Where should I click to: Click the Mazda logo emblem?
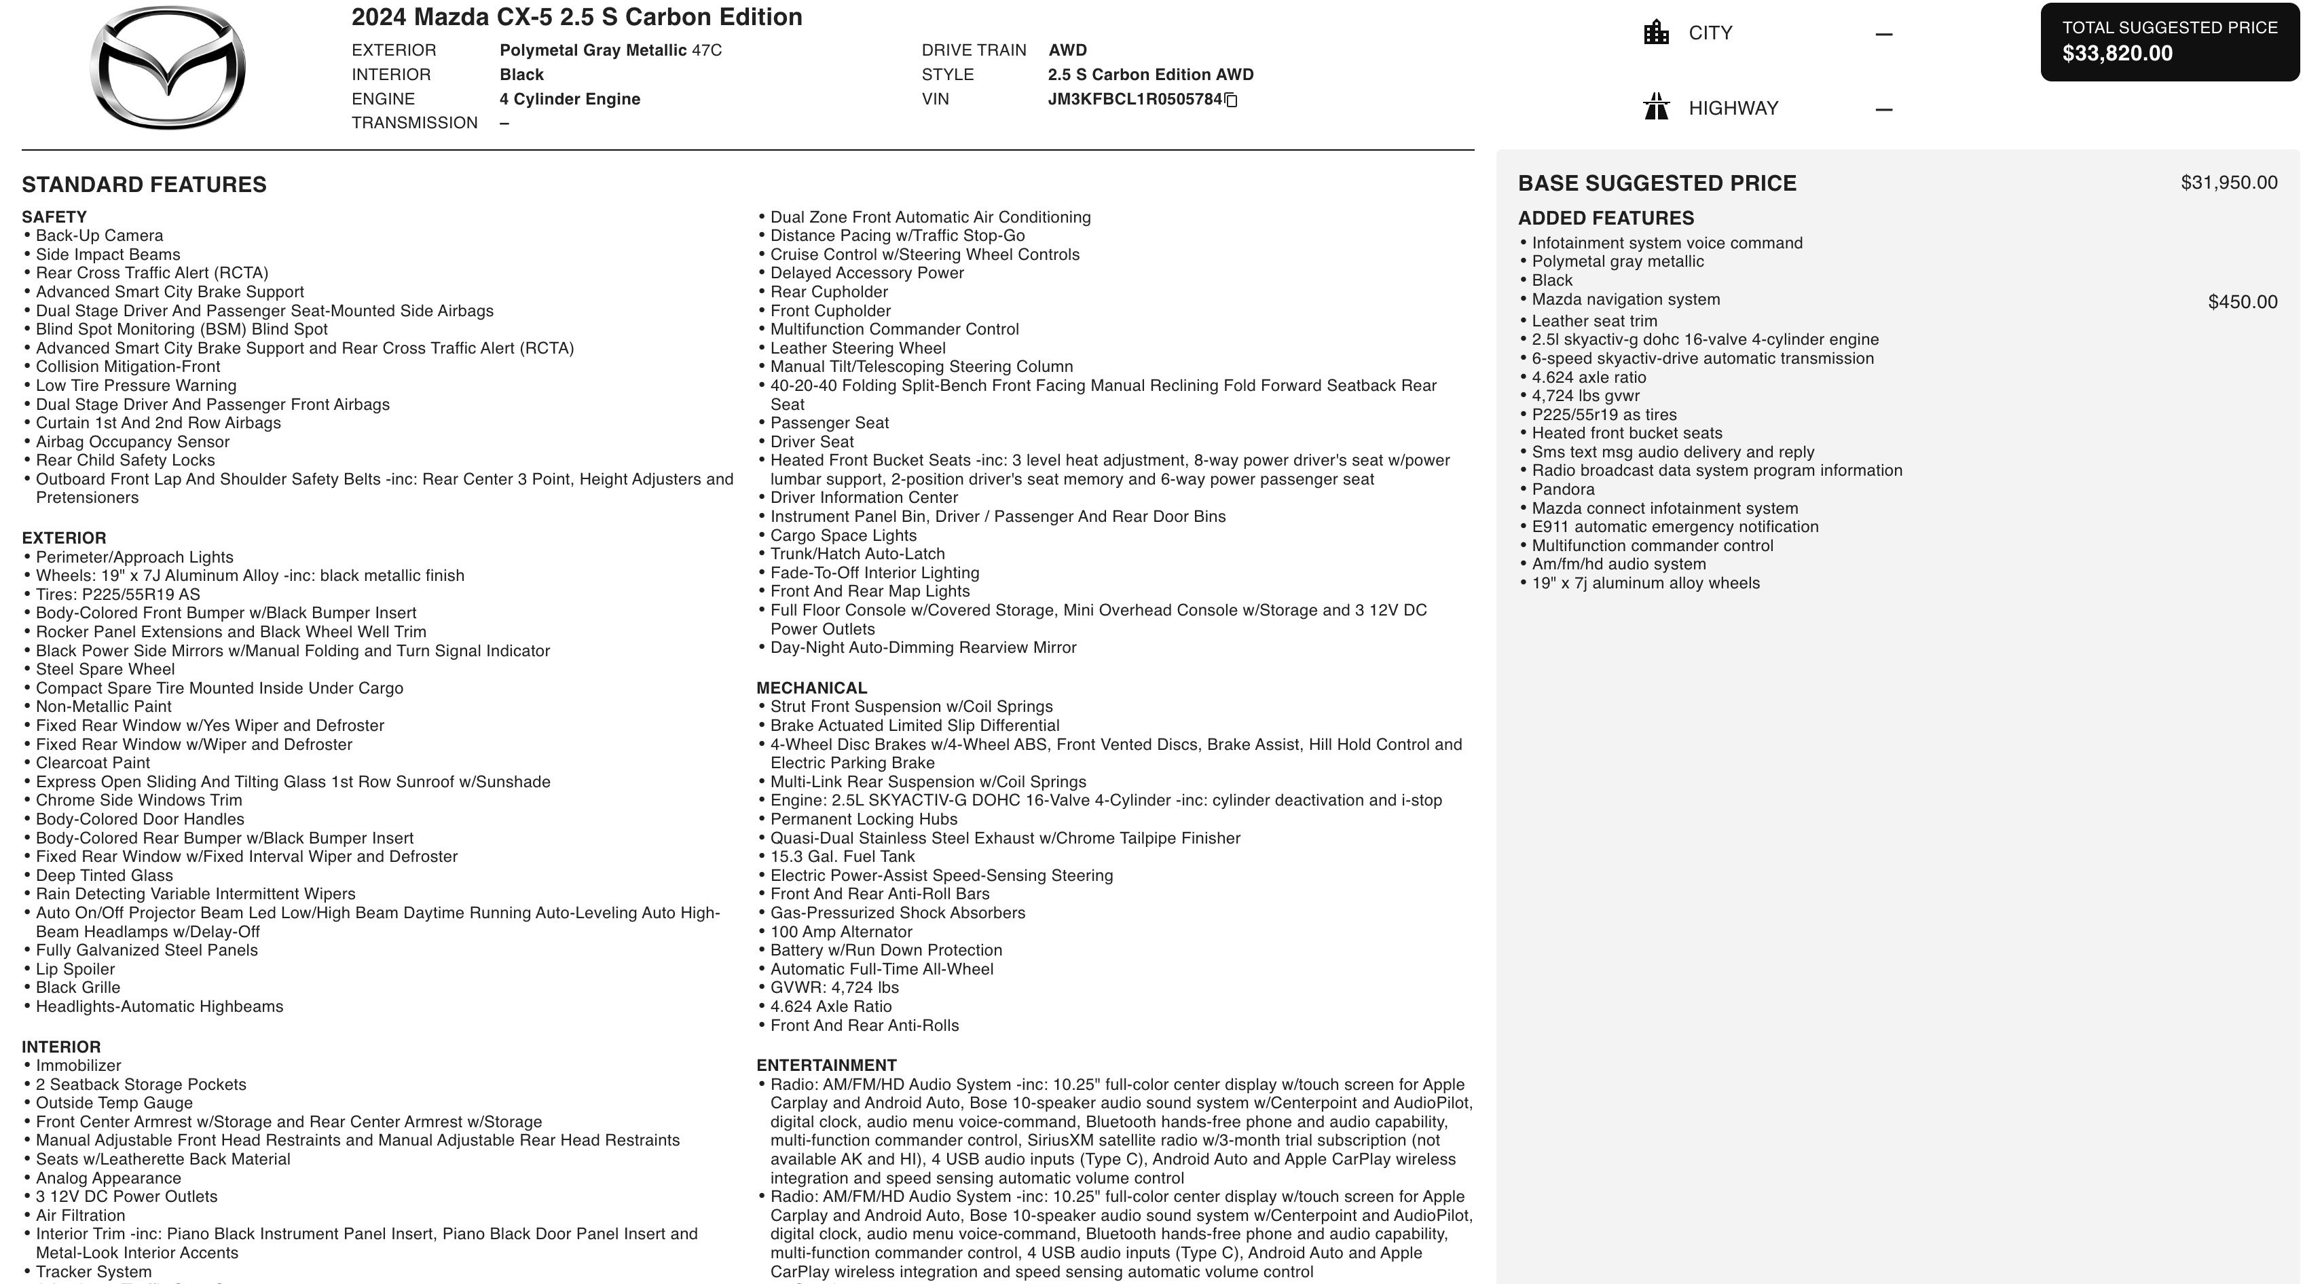point(168,68)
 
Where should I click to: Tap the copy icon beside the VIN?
point(1232,100)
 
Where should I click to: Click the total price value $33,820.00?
point(2118,53)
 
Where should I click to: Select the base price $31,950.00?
point(2228,183)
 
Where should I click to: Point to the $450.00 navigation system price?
point(2242,302)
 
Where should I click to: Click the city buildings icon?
point(1656,33)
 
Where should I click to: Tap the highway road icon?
point(1656,107)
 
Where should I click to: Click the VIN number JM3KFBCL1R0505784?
point(1134,99)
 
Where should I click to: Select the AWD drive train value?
point(1067,50)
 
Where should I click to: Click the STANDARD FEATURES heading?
point(144,185)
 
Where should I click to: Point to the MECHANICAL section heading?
point(811,687)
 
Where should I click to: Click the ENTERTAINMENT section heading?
point(826,1065)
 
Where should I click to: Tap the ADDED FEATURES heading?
point(1606,218)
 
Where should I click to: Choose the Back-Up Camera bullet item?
point(99,236)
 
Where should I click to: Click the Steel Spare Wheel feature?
point(105,669)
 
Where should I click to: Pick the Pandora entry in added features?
point(1563,489)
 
